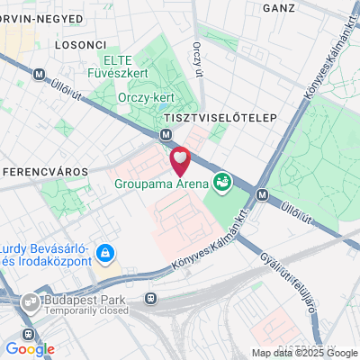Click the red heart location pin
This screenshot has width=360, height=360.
[181, 160]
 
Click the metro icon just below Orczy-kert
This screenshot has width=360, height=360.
[166, 135]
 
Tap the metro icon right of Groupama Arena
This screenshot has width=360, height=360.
[262, 193]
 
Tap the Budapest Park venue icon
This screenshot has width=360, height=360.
[31, 302]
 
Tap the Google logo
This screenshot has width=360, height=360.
[30, 349]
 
